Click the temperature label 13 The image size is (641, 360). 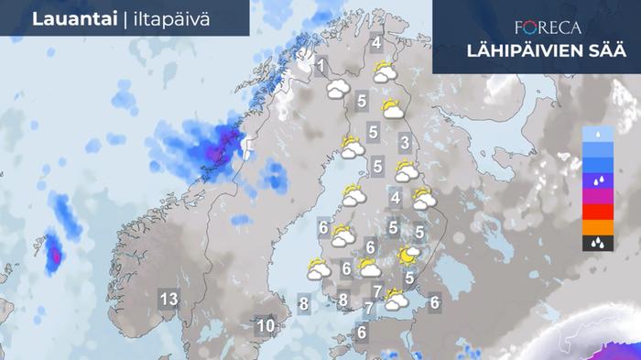(x=168, y=299)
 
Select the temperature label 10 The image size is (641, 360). (x=266, y=323)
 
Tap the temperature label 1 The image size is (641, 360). (x=321, y=66)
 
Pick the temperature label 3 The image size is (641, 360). (x=405, y=142)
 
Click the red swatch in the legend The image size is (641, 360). (x=596, y=211)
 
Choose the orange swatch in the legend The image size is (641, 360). (x=596, y=227)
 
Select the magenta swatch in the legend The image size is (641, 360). (x=596, y=194)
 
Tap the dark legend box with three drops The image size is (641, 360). (x=596, y=244)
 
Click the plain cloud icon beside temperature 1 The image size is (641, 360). (x=339, y=89)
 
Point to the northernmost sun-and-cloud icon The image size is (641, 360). (x=385, y=70)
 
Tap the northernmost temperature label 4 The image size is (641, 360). (x=375, y=43)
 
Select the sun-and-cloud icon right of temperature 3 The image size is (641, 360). (x=405, y=172)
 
